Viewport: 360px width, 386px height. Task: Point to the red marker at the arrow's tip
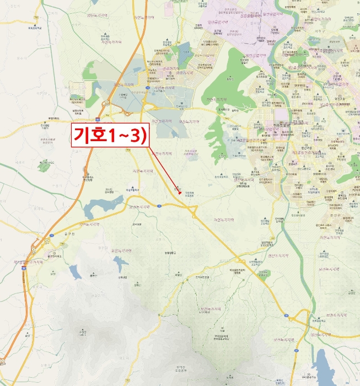point(180,192)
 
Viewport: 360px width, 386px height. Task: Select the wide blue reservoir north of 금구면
point(99,206)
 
